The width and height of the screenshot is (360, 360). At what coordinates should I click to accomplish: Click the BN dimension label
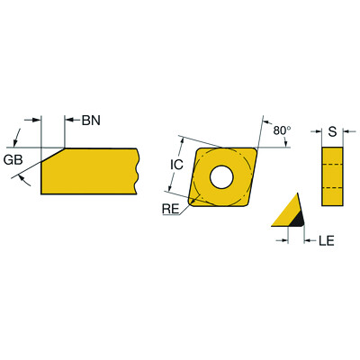pos(92,119)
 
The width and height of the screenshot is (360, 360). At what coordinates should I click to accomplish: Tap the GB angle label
pos(12,159)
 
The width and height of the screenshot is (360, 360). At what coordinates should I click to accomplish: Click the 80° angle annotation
pos(283,130)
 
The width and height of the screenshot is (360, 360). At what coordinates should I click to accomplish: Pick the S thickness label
pos(333,132)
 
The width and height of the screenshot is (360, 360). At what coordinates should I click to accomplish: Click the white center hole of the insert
pos(221,177)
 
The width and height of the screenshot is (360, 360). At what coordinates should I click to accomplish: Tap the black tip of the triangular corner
pos(298,218)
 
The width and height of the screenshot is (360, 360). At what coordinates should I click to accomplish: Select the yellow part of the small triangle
pos(286,211)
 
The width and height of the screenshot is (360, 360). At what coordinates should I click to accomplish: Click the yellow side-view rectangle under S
pos(333,176)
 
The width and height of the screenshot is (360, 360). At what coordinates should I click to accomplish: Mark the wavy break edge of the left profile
pos(137,171)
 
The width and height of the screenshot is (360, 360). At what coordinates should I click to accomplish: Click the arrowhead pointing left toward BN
pos(71,119)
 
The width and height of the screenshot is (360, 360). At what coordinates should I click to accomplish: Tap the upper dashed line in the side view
pos(333,166)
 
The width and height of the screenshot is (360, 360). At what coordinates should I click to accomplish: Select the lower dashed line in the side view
pos(333,186)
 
